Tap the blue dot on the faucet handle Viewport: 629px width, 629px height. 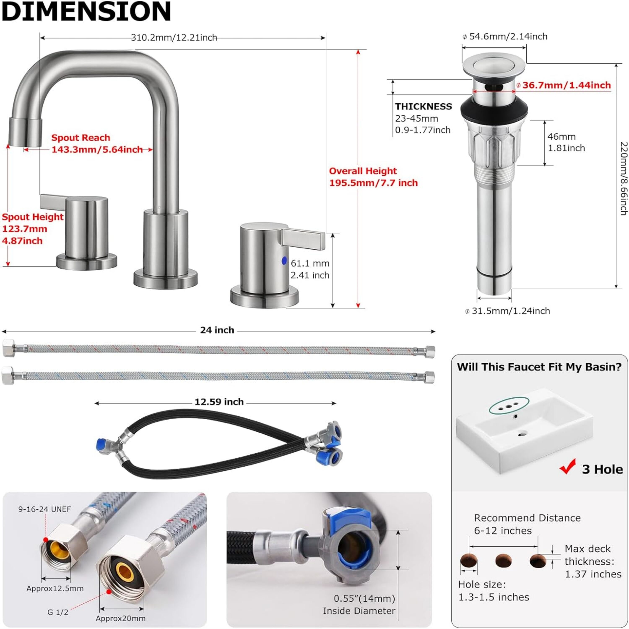[x=284, y=261]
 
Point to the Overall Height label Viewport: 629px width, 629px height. [x=363, y=171]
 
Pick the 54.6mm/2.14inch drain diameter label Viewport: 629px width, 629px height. [x=508, y=37]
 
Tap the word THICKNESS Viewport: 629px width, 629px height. [x=423, y=107]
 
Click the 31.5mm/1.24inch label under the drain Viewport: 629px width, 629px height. [x=511, y=311]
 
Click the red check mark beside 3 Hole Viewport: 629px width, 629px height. [x=568, y=467]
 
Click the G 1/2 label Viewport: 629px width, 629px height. [x=58, y=612]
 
